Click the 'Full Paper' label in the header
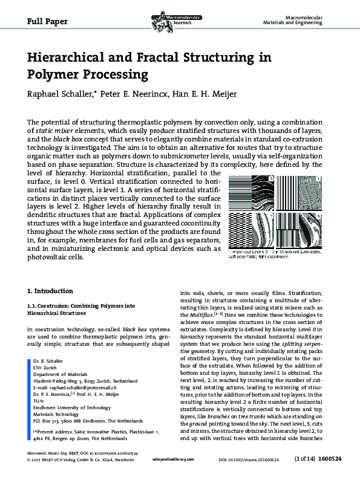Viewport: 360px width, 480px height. point(47,21)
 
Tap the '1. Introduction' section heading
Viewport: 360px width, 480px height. point(51,291)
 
